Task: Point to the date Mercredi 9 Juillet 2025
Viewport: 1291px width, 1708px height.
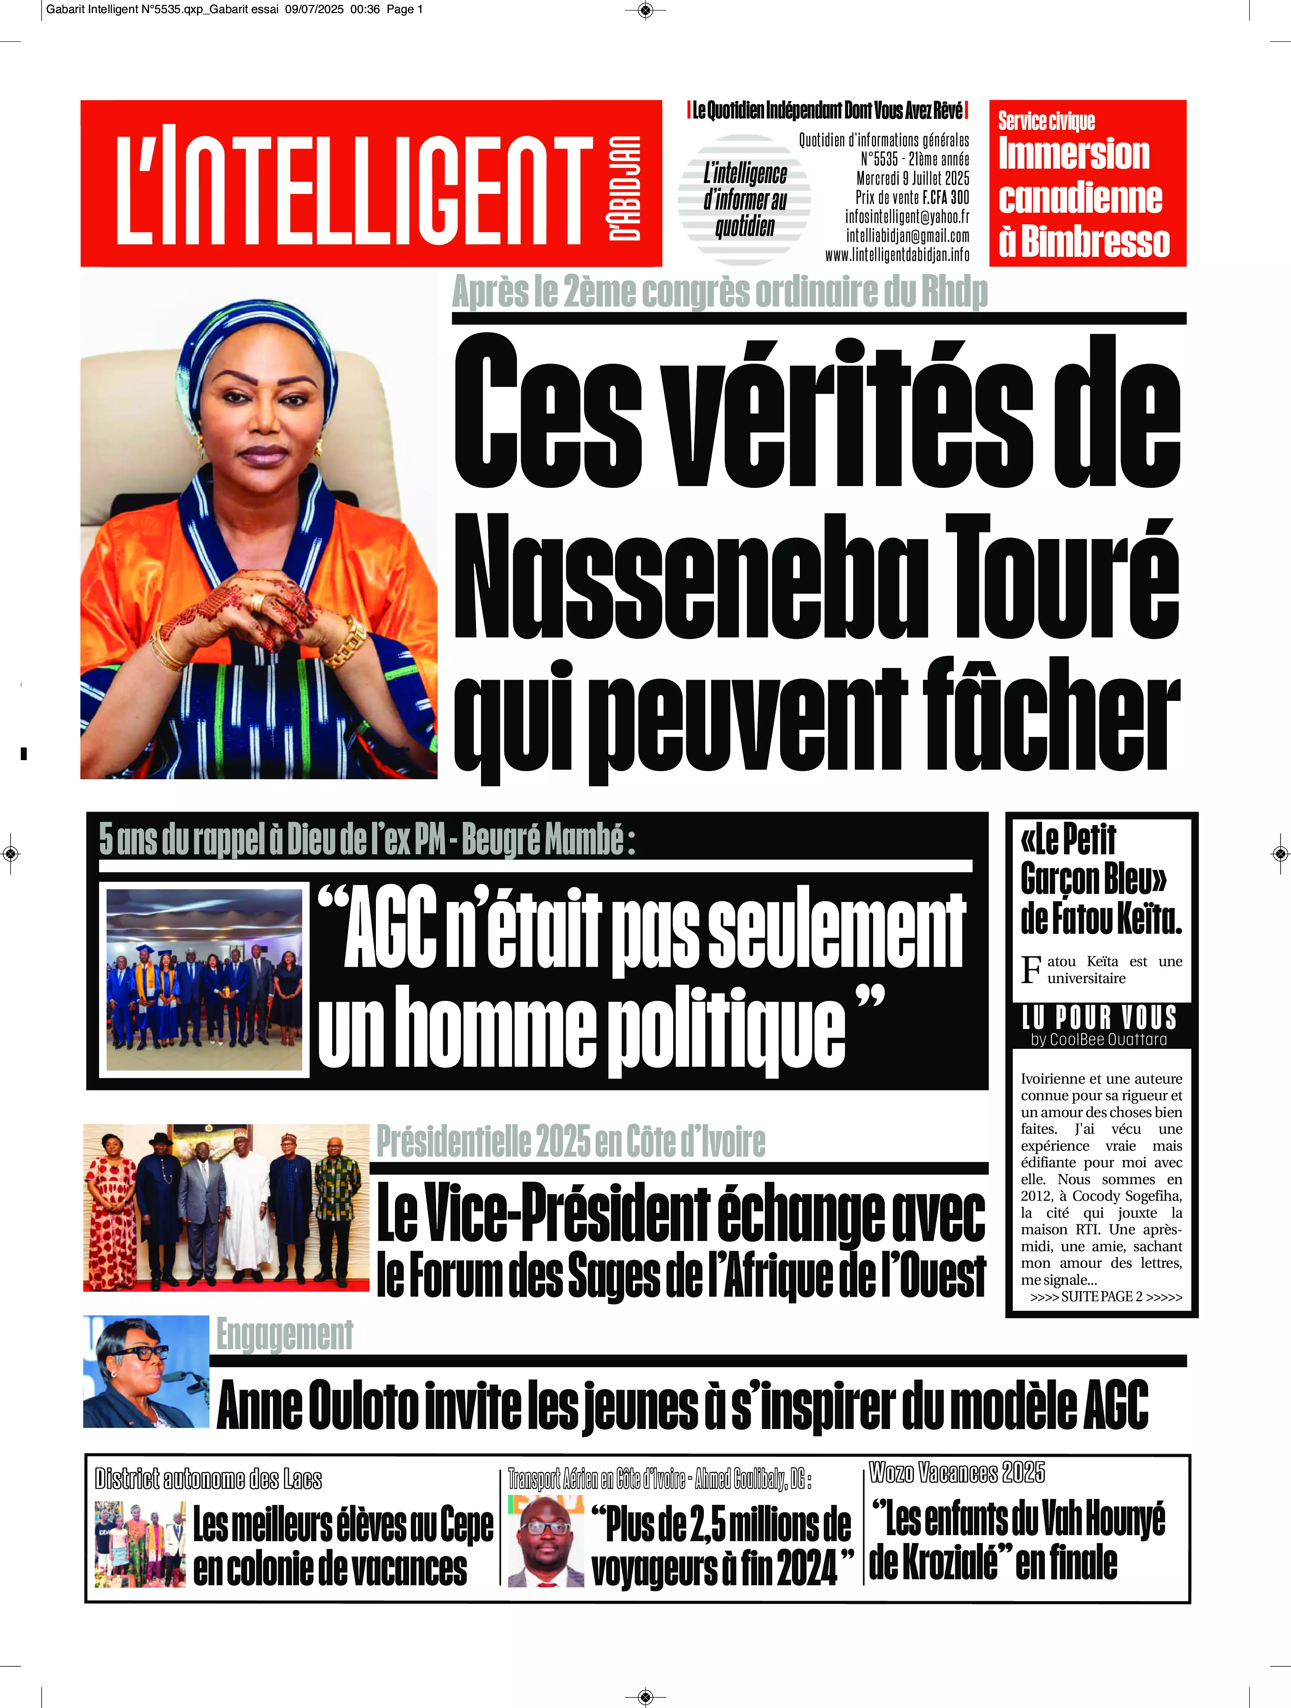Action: [x=913, y=178]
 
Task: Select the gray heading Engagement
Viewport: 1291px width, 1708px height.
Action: [x=284, y=1335]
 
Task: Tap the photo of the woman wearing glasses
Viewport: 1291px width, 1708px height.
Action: [x=146, y=1371]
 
